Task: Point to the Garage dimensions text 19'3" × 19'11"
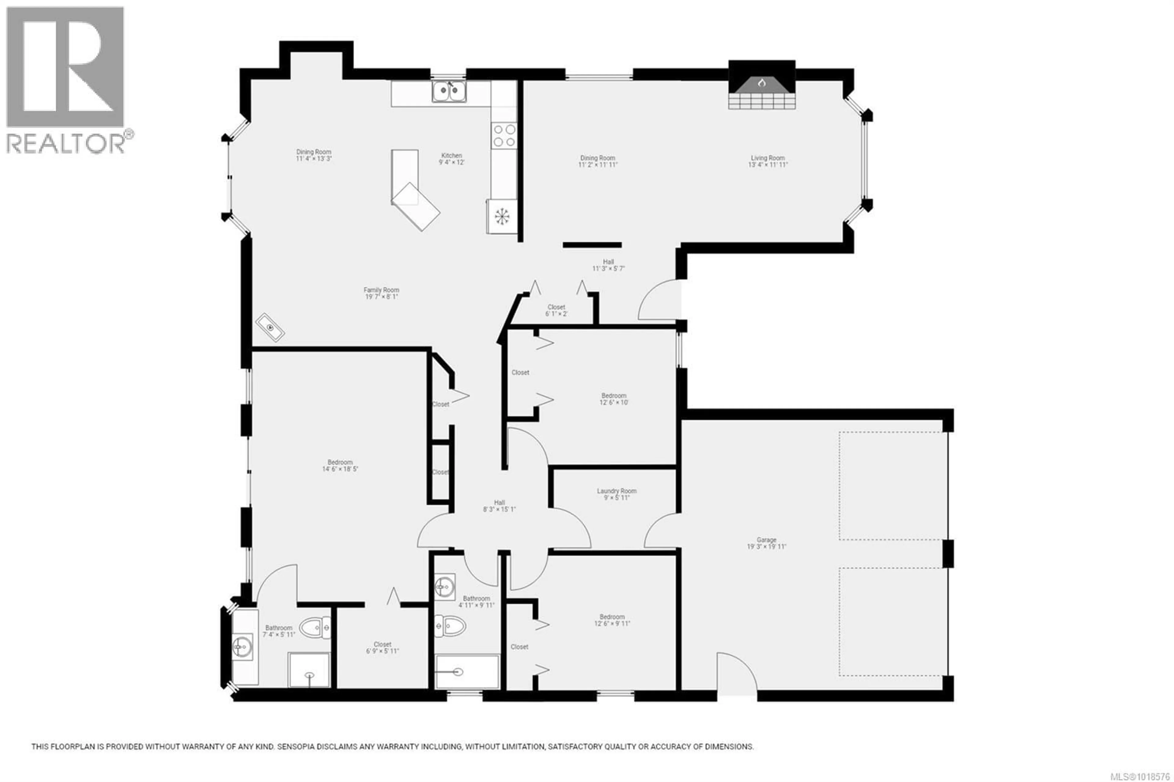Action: (766, 547)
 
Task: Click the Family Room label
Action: (381, 290)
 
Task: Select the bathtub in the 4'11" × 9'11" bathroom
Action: (467, 672)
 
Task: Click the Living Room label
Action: (768, 158)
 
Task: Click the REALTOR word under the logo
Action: (65, 144)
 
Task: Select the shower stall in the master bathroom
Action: (309, 669)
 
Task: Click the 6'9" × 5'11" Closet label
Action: (382, 644)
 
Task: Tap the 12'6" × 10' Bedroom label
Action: (613, 396)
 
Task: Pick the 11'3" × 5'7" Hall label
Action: (608, 262)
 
